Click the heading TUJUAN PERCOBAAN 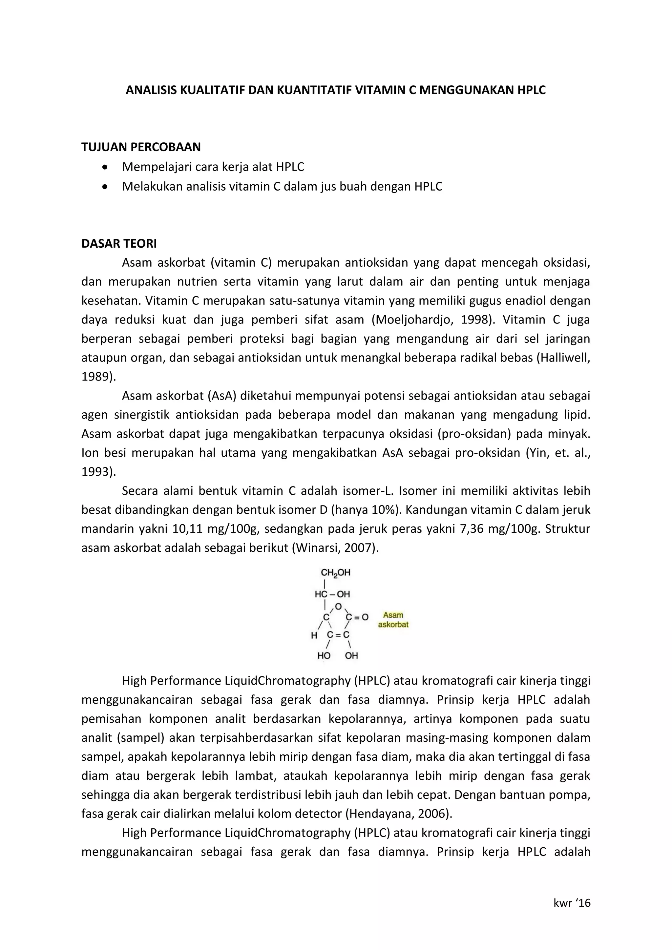click(x=141, y=147)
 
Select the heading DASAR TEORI click(x=119, y=243)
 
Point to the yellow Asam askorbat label click(x=393, y=620)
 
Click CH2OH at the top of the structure click(x=336, y=573)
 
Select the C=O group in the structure click(x=357, y=617)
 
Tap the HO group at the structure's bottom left click(x=324, y=655)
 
